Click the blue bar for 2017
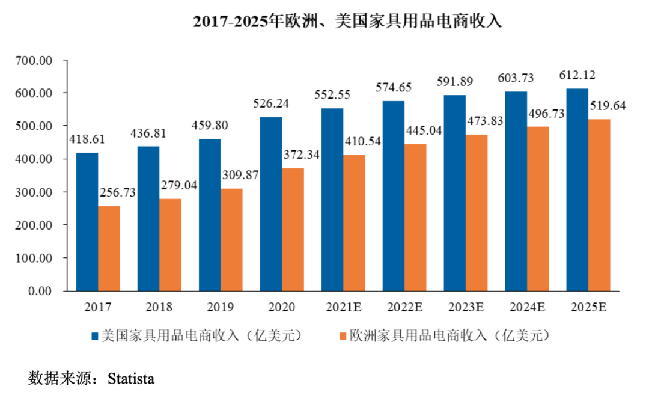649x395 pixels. pyautogui.click(x=87, y=222)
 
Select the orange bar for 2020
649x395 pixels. pyautogui.click(x=293, y=229)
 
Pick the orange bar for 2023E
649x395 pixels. pyautogui.click(x=477, y=213)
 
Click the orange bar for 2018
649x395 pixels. pyautogui.click(x=170, y=245)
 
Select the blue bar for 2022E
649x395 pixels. pyautogui.click(x=394, y=196)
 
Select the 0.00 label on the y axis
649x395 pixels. pyautogui.click(x=42, y=291)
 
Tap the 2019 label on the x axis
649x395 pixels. pyautogui.click(x=221, y=307)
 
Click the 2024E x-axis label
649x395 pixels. pyautogui.click(x=528, y=307)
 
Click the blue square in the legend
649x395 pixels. pyautogui.click(x=94, y=335)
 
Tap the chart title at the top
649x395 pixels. pyautogui.click(x=347, y=21)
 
